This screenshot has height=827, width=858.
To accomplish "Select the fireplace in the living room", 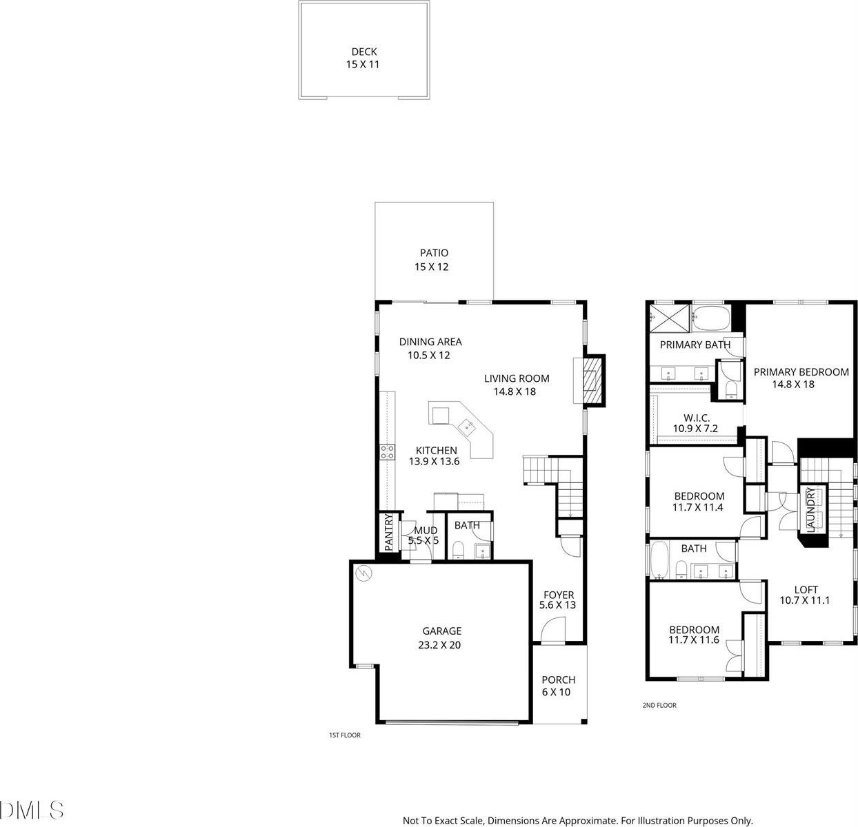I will click(x=590, y=380).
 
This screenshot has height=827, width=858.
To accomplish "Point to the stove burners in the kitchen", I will click(x=388, y=452).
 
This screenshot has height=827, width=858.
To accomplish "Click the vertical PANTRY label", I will click(x=388, y=531).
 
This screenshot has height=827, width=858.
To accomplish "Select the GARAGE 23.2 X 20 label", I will click(x=441, y=637).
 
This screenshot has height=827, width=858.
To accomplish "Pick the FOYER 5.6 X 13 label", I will click(x=558, y=600).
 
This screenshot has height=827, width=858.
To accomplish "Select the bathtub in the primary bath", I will click(x=710, y=319).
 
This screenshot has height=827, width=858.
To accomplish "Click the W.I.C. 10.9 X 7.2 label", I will click(x=696, y=423).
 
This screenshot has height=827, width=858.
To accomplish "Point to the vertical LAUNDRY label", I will click(x=811, y=509).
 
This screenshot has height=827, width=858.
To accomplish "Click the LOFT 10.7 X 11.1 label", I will click(x=805, y=595).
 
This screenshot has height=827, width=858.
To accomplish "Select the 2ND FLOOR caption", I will click(x=659, y=705).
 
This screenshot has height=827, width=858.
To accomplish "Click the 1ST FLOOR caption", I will click(x=344, y=735).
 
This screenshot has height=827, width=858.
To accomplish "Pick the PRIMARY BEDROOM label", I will click(x=801, y=378).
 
